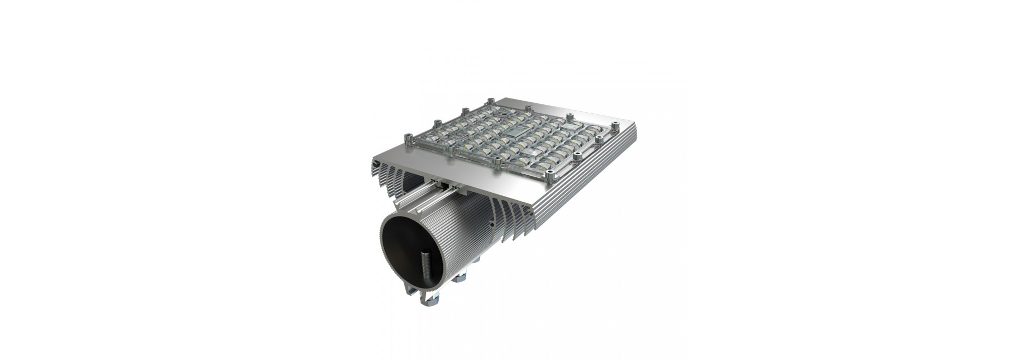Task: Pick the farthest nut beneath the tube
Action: pyautogui.click(x=476, y=259)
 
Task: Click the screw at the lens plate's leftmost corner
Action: pyautogui.click(x=407, y=139)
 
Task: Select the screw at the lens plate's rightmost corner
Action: pyautogui.click(x=615, y=125)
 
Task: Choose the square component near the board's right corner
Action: pyautogui.click(x=573, y=129)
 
